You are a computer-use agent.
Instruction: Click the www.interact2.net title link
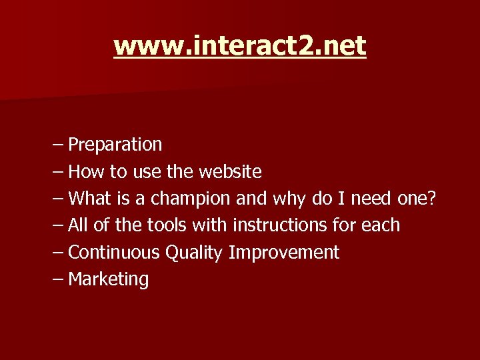239,46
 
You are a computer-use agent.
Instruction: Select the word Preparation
115,144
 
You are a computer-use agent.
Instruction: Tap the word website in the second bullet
230,171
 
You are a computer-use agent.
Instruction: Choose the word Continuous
114,252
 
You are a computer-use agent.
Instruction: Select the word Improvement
284,253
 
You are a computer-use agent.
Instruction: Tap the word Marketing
109,279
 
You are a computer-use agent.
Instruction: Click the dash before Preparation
57,145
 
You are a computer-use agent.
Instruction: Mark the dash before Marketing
57,279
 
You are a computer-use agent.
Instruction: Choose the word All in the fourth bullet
78,225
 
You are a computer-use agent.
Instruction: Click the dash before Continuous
57,253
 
